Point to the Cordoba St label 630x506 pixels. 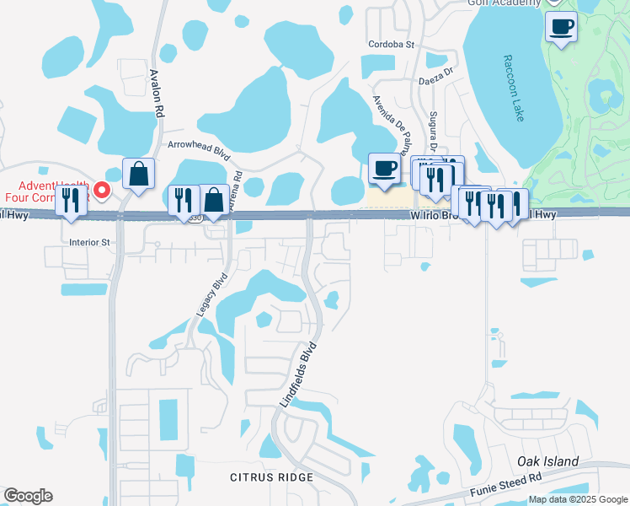pos(392,44)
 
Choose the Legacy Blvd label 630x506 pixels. pos(212,293)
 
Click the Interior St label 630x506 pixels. pos(90,242)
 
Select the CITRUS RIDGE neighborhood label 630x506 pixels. pos(272,477)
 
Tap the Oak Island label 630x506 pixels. pos(548,461)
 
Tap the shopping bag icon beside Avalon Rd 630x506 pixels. pos(138,175)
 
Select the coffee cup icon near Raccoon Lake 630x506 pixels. pos(562,26)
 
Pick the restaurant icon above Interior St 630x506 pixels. pos(71,201)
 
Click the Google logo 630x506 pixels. pos(28,496)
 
